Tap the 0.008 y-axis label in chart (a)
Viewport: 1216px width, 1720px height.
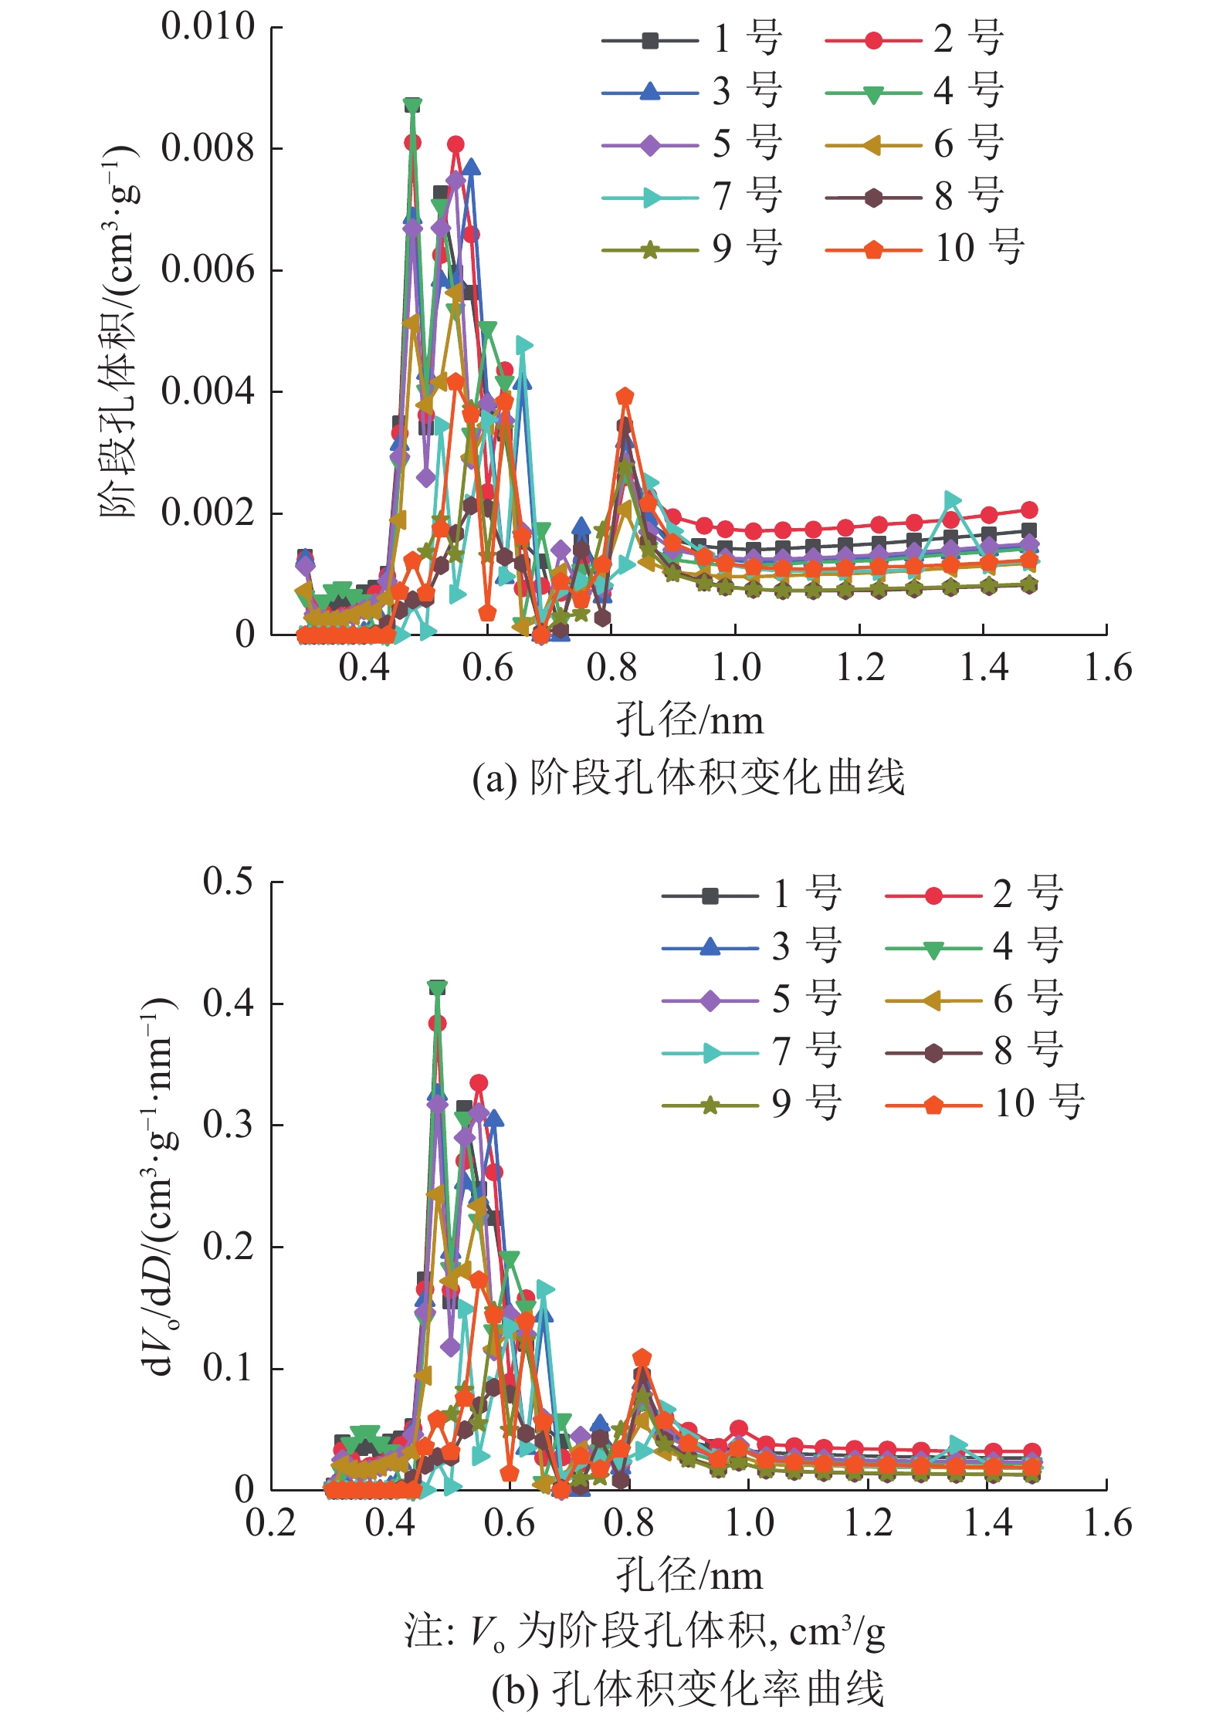[208, 147]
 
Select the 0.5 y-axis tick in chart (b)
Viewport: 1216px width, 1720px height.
[228, 881]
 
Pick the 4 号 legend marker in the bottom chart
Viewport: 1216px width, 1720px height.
[933, 949]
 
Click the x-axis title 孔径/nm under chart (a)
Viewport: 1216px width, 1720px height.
[689, 720]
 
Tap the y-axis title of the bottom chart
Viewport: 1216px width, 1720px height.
[159, 1186]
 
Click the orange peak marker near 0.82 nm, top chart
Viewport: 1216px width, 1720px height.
[625, 397]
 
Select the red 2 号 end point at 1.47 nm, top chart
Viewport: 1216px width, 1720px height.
[1029, 510]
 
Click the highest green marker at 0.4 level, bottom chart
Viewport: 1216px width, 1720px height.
[438, 987]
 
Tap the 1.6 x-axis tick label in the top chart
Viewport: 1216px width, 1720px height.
[1107, 669]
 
